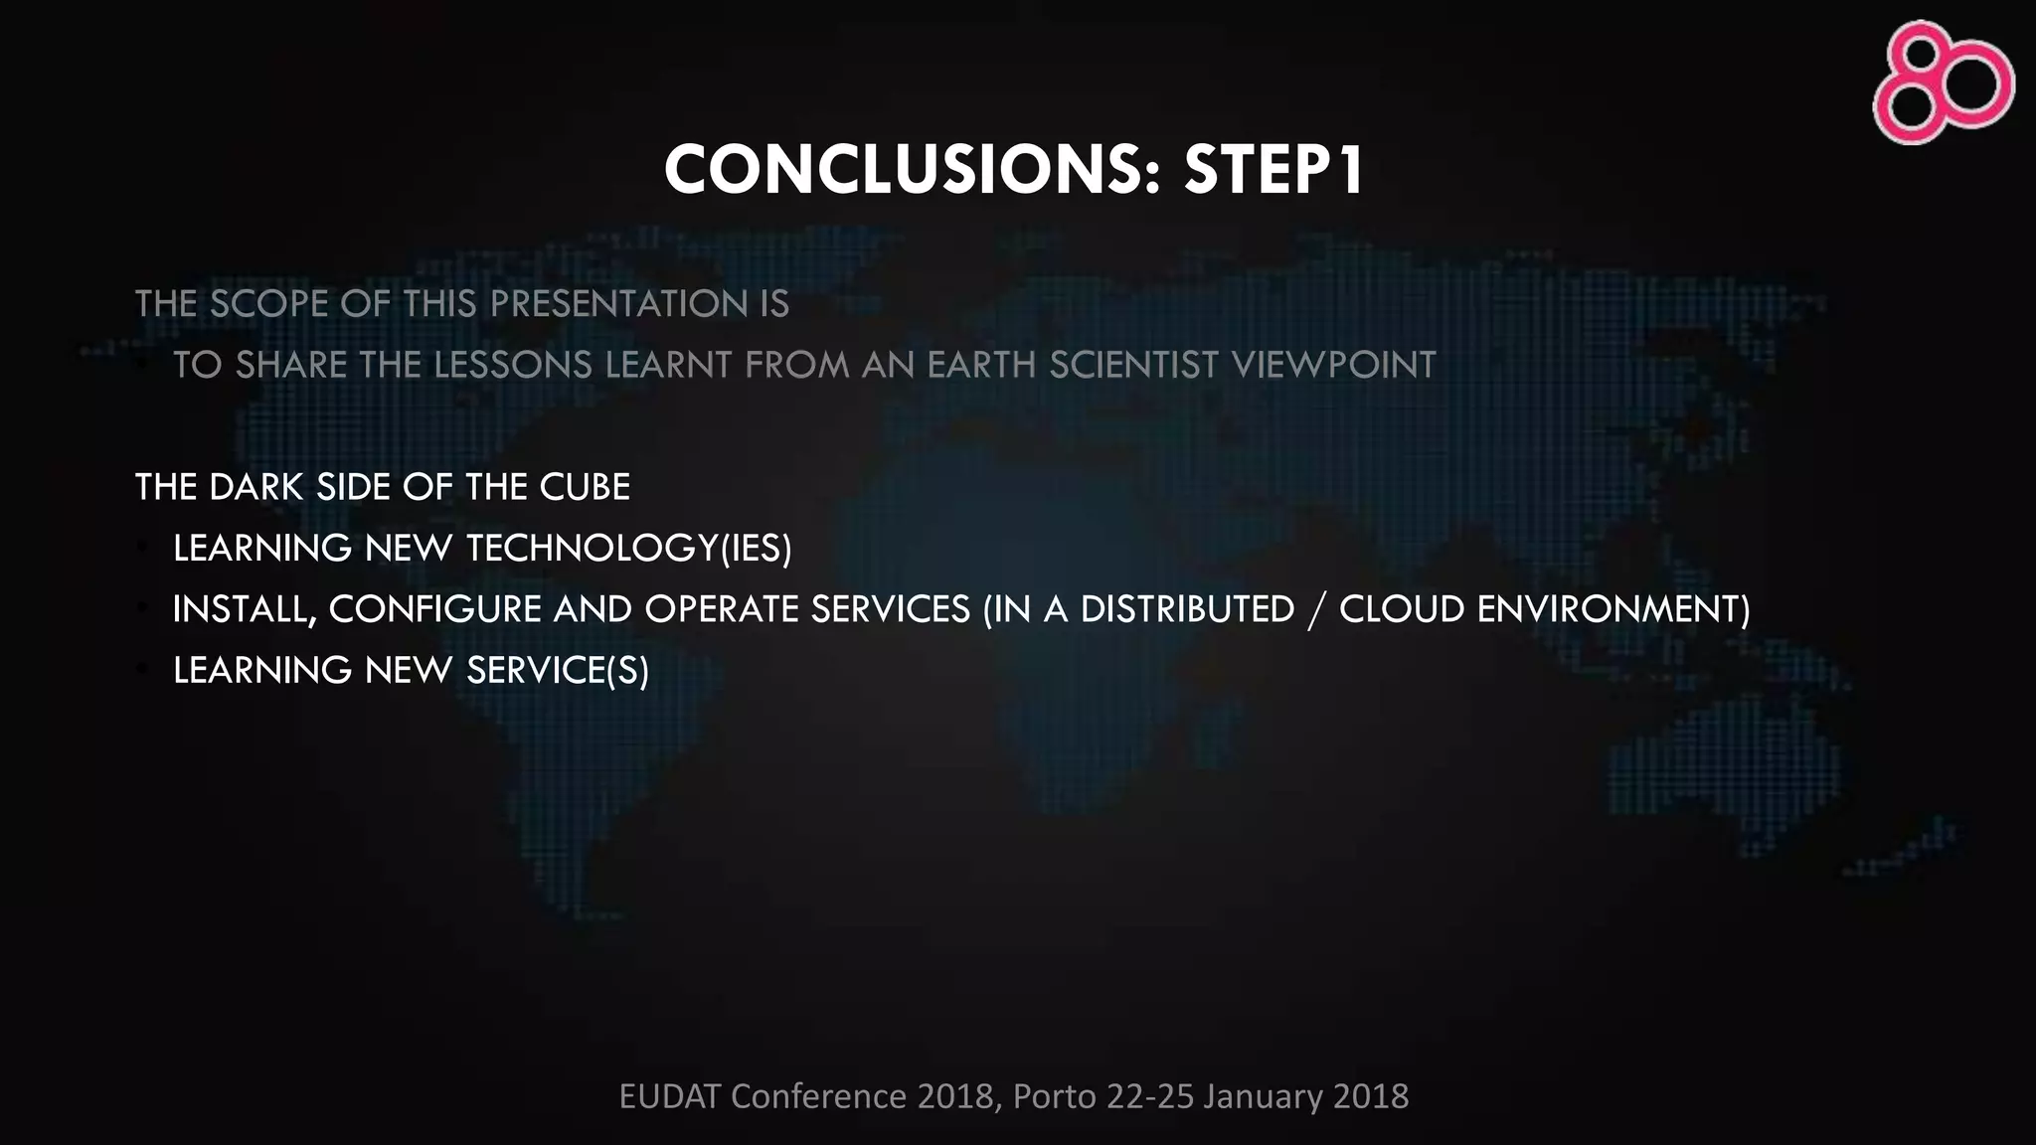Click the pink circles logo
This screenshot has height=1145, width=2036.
pyautogui.click(x=1943, y=82)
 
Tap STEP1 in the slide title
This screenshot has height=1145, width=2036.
pyautogui.click(x=1274, y=170)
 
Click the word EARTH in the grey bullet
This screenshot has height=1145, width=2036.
pyautogui.click(x=981, y=365)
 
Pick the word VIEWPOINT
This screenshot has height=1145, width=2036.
pyautogui.click(x=1333, y=365)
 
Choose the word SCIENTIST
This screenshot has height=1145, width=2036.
pyautogui.click(x=1133, y=365)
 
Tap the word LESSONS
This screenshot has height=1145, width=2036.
pyautogui.click(x=513, y=365)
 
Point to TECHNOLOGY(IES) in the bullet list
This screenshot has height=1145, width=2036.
pyautogui.click(x=628, y=549)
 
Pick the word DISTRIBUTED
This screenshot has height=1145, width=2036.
pyautogui.click(x=1187, y=609)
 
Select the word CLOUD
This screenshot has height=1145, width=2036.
pyautogui.click(x=1402, y=609)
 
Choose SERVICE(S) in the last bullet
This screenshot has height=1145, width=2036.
pyautogui.click(x=557, y=671)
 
